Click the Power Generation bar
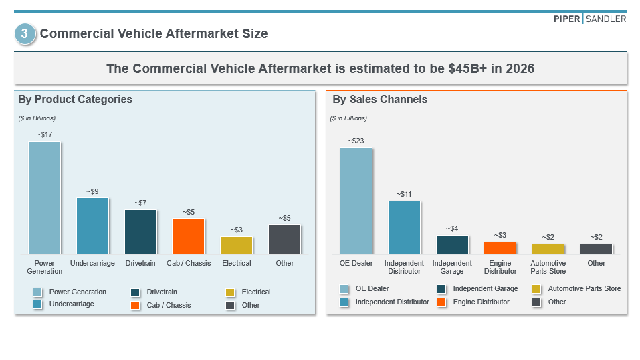[44, 198]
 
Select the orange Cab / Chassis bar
[189, 236]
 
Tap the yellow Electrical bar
[237, 246]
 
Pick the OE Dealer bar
[356, 201]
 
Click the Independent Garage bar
[453, 245]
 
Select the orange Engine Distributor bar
[500, 248]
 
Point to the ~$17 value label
[44, 134]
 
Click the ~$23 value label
[356, 141]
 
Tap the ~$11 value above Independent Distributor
[404, 194]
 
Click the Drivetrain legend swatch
[136, 292]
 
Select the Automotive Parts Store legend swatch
[537, 289]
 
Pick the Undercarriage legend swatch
[38, 304]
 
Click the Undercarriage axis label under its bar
[92, 263]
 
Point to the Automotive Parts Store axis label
[548, 267]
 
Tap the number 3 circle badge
[25, 34]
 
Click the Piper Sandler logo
[590, 19]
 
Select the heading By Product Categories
[75, 100]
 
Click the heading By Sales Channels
[380, 100]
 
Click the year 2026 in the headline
[520, 68]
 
